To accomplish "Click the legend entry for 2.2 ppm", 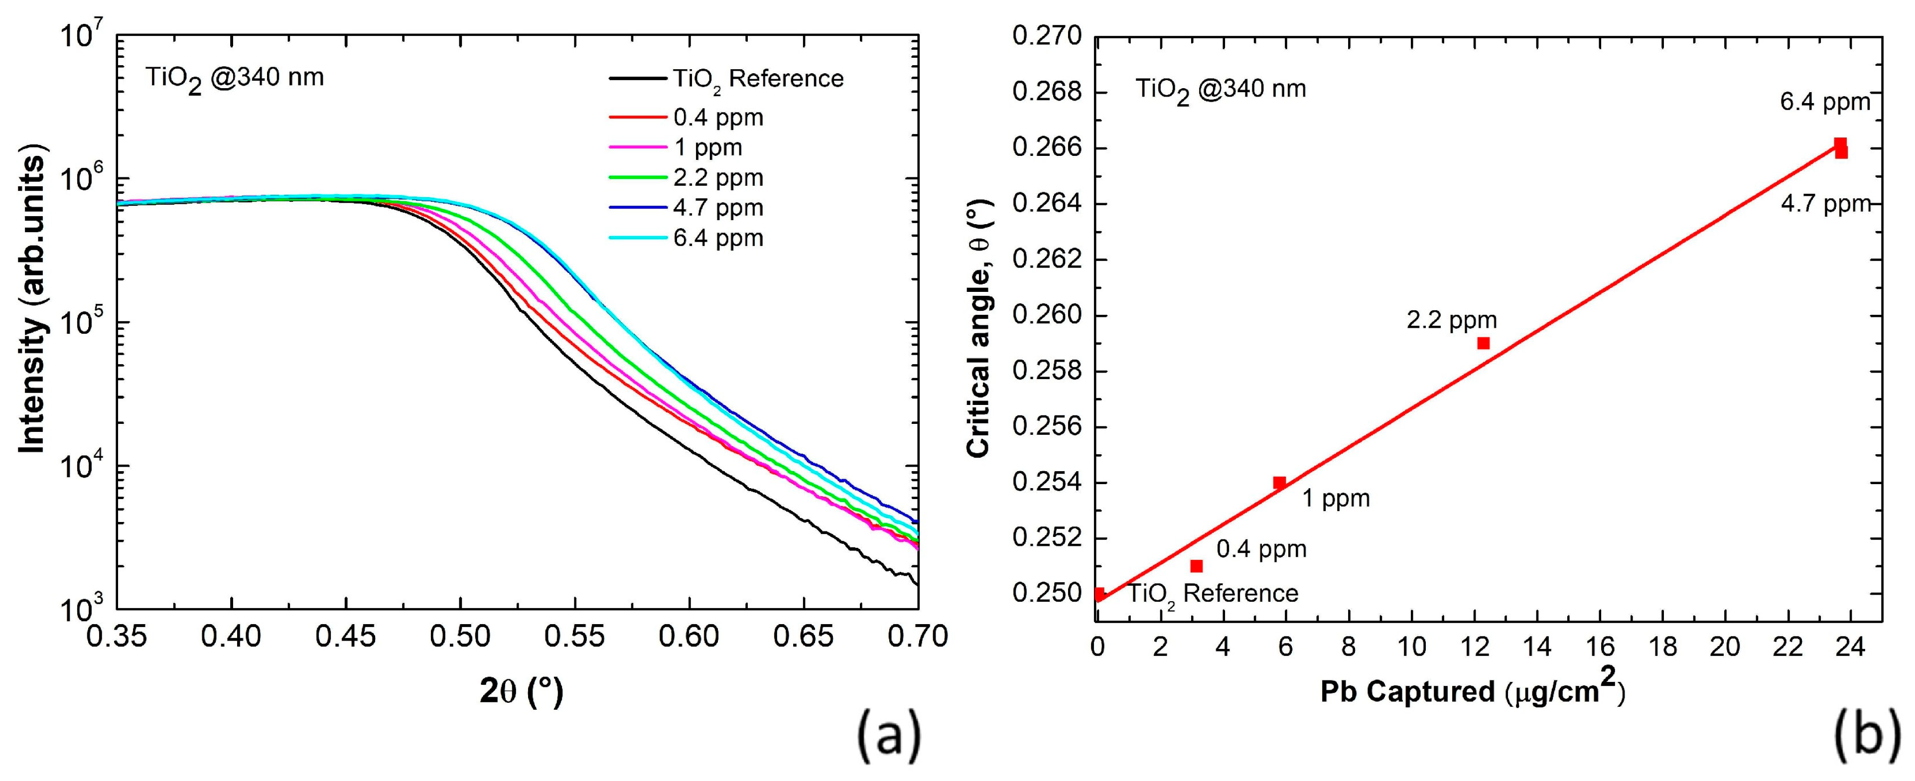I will pyautogui.click(x=717, y=178).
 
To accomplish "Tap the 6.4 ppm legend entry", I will pyautogui.click(x=717, y=239).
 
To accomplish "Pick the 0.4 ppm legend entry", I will pyautogui.click(x=717, y=118).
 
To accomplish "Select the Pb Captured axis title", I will pyautogui.click(x=1472, y=690).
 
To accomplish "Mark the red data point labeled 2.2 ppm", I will pyautogui.click(x=1483, y=343).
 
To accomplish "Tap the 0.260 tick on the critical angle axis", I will pyautogui.click(x=1047, y=316).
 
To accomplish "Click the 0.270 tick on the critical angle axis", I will pyautogui.click(x=1047, y=37).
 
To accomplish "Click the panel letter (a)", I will pyautogui.click(x=889, y=736).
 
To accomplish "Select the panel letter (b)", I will pyautogui.click(x=1867, y=736).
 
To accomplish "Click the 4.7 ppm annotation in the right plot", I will pyautogui.click(x=1825, y=204).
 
